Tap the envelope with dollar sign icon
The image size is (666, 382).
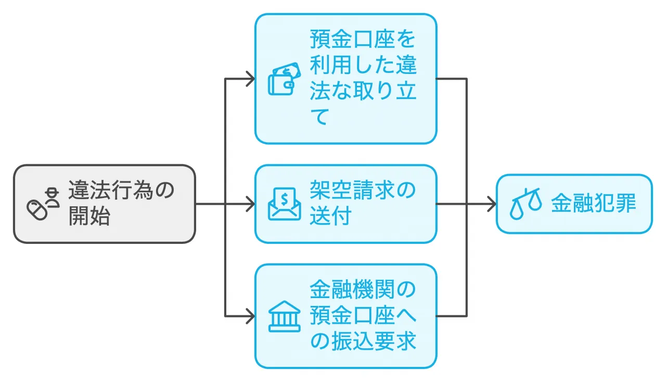284,204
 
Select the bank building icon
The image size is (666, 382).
284,316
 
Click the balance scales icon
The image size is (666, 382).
525,204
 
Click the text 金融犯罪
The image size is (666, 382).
593,204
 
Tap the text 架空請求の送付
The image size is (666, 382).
363,204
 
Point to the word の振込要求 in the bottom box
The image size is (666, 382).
363,342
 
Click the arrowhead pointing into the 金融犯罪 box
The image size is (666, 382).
491,204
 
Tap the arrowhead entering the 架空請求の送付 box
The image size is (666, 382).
250,204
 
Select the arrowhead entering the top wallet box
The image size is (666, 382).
250,79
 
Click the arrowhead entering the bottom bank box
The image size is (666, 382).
250,316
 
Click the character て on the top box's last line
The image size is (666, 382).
319,118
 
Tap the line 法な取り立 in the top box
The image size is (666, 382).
363,92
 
